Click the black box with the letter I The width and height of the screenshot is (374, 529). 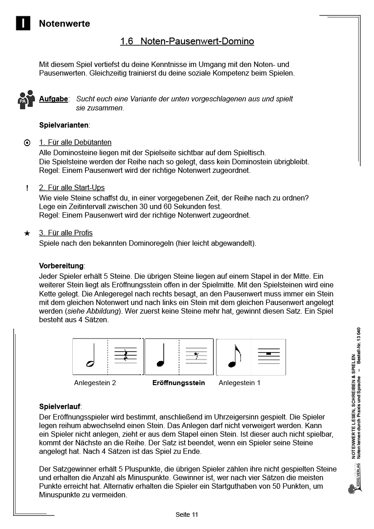(x=23, y=24)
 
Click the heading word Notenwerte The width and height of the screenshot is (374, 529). (x=64, y=24)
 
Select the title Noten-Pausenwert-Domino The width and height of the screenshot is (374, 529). (x=187, y=42)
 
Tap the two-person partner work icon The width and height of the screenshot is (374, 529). (x=26, y=99)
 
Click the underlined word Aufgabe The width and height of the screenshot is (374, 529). (x=53, y=99)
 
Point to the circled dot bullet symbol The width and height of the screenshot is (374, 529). (x=27, y=143)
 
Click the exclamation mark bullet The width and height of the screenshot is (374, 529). (x=27, y=188)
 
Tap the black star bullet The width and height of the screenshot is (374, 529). (x=27, y=233)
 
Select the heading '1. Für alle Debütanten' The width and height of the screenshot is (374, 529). (x=75, y=143)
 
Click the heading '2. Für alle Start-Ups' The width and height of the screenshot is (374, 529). (x=71, y=187)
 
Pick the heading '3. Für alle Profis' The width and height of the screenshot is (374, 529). (x=66, y=233)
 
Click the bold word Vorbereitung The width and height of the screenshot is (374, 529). (x=62, y=266)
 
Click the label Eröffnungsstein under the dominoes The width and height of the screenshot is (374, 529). (x=179, y=383)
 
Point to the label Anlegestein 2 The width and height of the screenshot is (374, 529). (x=95, y=383)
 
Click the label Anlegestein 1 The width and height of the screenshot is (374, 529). (x=239, y=383)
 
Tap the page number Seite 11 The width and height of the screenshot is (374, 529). (x=187, y=515)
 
